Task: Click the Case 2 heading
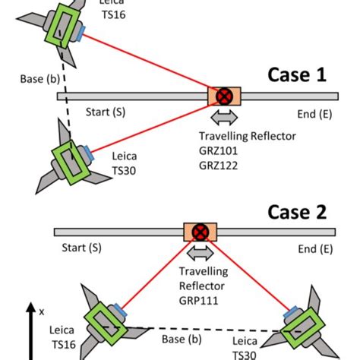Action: tap(297, 210)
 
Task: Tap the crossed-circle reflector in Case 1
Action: tap(224, 96)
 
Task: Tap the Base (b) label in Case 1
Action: tap(33, 79)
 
